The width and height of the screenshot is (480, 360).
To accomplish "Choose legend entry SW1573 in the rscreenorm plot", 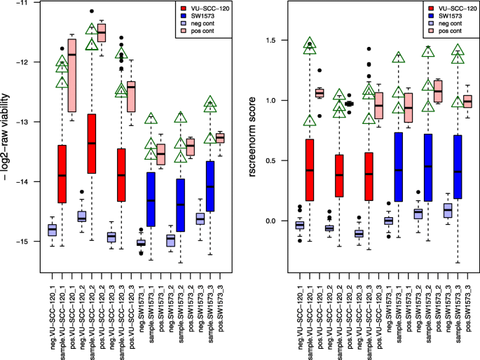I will tap(436, 16).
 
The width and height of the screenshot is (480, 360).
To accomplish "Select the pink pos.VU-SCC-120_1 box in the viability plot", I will tap(71, 74).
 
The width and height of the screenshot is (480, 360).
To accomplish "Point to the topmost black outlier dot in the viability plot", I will tap(92, 11).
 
